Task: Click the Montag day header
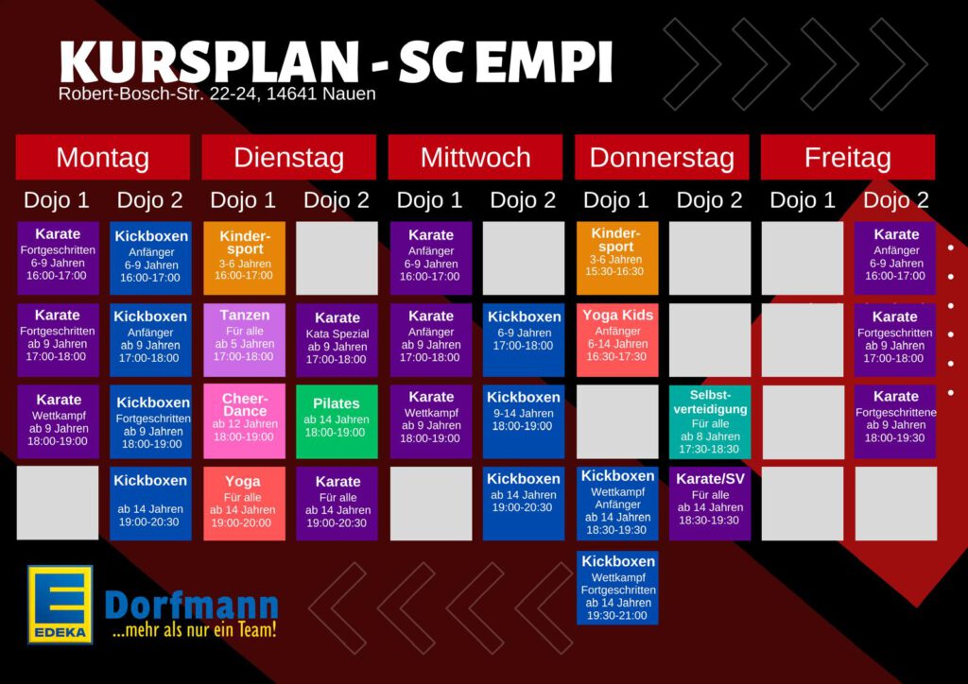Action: pyautogui.click(x=102, y=157)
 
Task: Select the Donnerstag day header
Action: pyautogui.click(x=662, y=157)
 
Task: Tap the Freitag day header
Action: pyautogui.click(x=848, y=157)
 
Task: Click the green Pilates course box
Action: pyautogui.click(x=337, y=422)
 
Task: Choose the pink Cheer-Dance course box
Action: pyautogui.click(x=245, y=422)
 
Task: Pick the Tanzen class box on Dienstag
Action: pyautogui.click(x=245, y=340)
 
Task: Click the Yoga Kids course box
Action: pyautogui.click(x=617, y=340)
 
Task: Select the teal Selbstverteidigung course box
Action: pyautogui.click(x=710, y=422)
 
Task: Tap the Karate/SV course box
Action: pyautogui.click(x=710, y=504)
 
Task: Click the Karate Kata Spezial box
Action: pyautogui.click(x=337, y=340)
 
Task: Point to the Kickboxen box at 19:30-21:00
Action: pyautogui.click(x=617, y=588)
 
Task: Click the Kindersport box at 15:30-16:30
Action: pyautogui.click(x=617, y=258)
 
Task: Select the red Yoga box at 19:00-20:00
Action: pyautogui.click(x=245, y=504)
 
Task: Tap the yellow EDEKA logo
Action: pyautogui.click(x=60, y=605)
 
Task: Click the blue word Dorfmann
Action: pyautogui.click(x=191, y=606)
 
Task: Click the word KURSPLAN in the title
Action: pyautogui.click(x=209, y=61)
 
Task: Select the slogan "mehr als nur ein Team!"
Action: pyautogui.click(x=195, y=631)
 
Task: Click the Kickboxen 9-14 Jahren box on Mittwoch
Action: pyautogui.click(x=524, y=422)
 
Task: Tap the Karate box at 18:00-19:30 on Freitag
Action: pyautogui.click(x=895, y=422)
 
